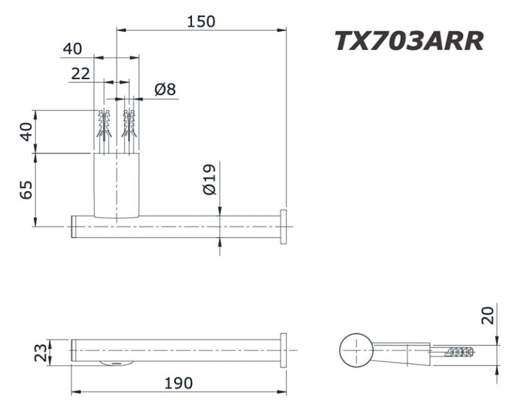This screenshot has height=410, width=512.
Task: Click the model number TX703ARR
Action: coord(408,41)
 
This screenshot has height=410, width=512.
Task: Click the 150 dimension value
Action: coord(201,21)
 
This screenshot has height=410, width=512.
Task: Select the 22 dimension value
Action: coord(81,74)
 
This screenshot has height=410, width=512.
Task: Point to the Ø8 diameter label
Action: coord(165,89)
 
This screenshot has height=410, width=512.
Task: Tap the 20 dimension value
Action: coord(489,314)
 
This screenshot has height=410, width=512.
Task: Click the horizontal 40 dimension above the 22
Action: coord(72,49)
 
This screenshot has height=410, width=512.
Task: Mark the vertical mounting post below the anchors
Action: coord(117,185)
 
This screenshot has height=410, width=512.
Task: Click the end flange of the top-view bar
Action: coord(284,226)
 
